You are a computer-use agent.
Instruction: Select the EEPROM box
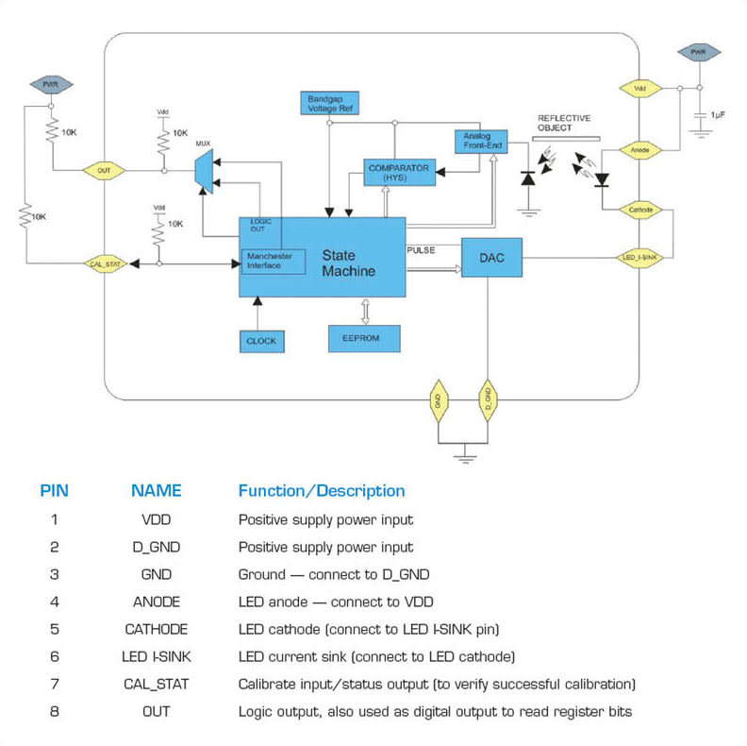click(363, 338)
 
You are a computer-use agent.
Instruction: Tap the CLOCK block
click(260, 340)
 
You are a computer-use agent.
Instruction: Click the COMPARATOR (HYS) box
click(398, 172)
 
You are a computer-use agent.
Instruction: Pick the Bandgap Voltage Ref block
click(328, 104)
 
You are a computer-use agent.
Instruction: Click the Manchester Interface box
click(274, 261)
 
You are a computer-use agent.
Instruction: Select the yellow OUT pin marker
click(104, 171)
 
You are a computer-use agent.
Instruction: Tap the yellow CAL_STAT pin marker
click(104, 264)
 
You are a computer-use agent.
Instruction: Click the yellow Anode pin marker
click(639, 149)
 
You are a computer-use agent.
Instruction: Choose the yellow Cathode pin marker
click(639, 209)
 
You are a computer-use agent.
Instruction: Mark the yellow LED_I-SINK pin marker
click(639, 256)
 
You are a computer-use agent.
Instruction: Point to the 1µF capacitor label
click(718, 113)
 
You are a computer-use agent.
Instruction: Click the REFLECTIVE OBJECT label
click(564, 123)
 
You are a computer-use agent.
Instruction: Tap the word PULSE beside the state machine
click(421, 250)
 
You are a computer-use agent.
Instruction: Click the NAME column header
click(156, 491)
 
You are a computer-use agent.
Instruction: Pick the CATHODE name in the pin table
click(156, 629)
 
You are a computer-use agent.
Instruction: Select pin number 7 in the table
click(54, 684)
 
